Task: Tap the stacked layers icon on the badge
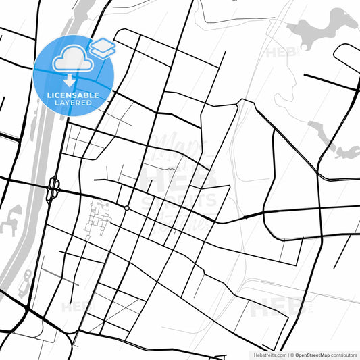102,47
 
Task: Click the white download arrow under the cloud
70,80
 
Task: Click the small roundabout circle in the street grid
126,208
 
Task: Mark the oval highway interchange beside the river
53,189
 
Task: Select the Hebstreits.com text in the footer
269,355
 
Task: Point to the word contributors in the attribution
344,355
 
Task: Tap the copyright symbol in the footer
292,355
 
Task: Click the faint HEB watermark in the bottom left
74,307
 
